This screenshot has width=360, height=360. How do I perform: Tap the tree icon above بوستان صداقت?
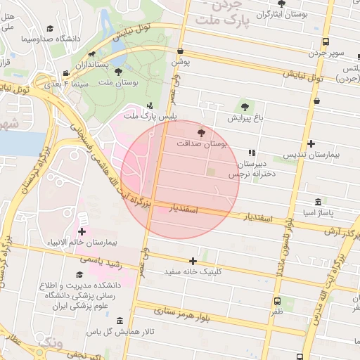click(202, 131)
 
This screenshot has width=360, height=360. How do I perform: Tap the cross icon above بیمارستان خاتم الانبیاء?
click(82, 231)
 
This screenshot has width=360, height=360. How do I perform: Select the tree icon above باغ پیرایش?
click(245, 107)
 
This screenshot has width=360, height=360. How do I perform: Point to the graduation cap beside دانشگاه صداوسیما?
click(50, 28)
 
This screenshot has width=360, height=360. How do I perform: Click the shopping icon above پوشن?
click(181, 51)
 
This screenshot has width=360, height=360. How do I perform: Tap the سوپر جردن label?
click(328, 53)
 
